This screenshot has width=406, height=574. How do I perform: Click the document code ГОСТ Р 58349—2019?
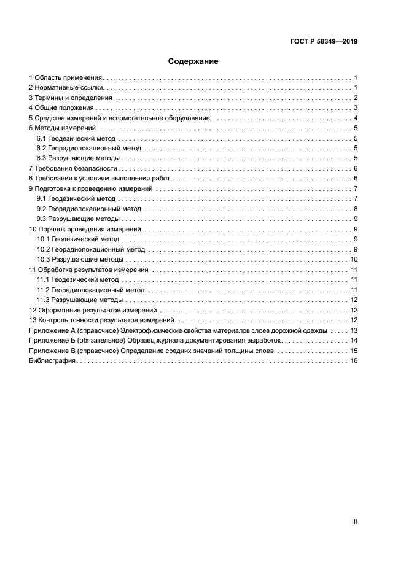coord(324,42)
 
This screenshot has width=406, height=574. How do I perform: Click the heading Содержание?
coord(193,61)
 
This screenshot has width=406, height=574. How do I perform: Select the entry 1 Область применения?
coord(66,78)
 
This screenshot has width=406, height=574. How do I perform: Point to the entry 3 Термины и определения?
coord(71,98)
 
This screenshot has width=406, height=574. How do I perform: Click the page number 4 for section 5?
coord(356,118)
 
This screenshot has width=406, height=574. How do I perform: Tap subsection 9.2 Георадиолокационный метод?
coord(88,209)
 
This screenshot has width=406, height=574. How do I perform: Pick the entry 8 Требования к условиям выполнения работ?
coord(100,178)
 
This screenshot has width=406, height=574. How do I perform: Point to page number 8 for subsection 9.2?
coord(356,209)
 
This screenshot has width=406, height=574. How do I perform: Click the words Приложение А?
coord(50,330)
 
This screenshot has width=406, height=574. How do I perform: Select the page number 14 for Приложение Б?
coord(354,340)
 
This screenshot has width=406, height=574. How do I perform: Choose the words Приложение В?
coord(50,351)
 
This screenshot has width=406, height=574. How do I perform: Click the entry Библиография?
coord(52,360)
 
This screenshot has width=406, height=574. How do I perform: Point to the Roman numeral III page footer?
coord(354,521)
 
